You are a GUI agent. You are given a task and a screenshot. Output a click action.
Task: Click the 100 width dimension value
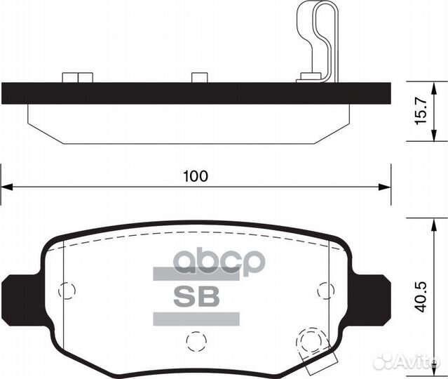point(196,176)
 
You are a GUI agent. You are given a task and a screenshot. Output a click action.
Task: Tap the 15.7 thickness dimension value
point(421,110)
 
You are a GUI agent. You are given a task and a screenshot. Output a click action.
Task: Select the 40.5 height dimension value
point(421,297)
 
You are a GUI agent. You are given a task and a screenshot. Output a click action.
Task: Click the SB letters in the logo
point(196,296)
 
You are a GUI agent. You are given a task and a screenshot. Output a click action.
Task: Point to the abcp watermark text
point(219,262)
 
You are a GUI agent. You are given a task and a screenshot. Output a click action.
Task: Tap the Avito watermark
point(407,361)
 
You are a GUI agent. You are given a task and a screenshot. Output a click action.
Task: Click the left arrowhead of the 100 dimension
point(7,187)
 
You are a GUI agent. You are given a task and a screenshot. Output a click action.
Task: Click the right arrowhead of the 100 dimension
point(385,187)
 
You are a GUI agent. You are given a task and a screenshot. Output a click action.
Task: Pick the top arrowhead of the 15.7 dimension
point(434,88)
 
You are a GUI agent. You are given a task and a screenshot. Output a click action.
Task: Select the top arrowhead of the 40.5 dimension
point(434,225)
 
